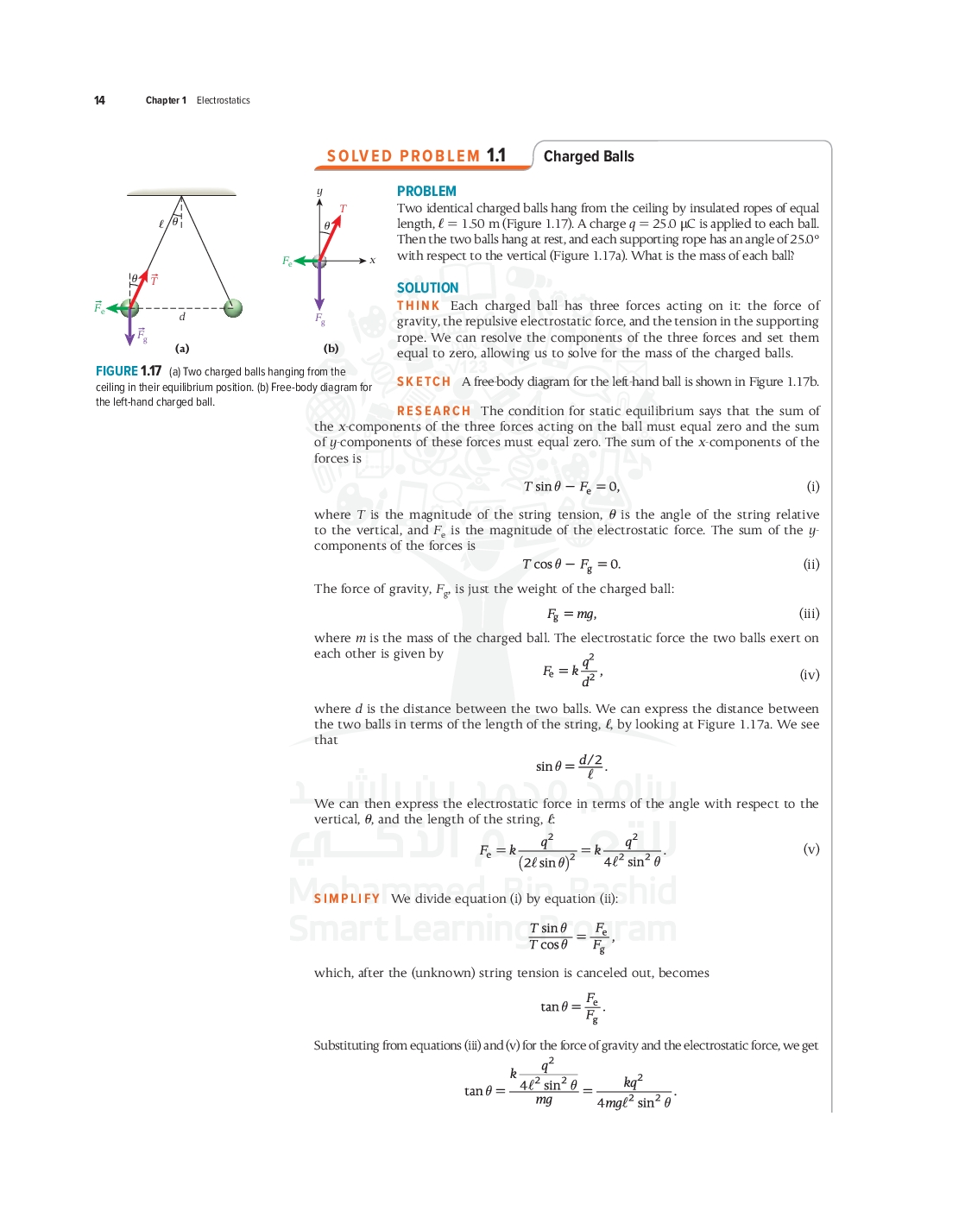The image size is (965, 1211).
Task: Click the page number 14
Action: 99,100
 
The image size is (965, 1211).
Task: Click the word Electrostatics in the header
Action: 223,100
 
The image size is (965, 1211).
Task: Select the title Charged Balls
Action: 589,156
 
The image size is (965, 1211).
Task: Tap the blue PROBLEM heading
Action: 426,191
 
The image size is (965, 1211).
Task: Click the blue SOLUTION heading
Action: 427,287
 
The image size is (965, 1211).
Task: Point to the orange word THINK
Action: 419,306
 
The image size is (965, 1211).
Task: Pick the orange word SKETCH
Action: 424,382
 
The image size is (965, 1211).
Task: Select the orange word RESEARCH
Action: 433,411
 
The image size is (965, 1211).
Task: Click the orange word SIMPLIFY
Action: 347,899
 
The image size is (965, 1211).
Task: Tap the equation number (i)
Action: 812,486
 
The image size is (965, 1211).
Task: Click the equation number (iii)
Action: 809,614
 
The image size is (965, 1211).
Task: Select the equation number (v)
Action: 810,848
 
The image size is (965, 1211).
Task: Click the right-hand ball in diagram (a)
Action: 233,308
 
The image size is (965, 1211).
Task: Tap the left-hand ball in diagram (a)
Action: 130,308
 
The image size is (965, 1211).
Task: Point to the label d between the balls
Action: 182,317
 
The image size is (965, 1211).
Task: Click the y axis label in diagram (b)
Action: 319,192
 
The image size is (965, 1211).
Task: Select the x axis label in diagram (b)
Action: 373,260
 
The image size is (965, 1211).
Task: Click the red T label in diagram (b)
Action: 343,209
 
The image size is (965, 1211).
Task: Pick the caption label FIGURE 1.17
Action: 129,371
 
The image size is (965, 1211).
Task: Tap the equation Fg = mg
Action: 571,614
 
